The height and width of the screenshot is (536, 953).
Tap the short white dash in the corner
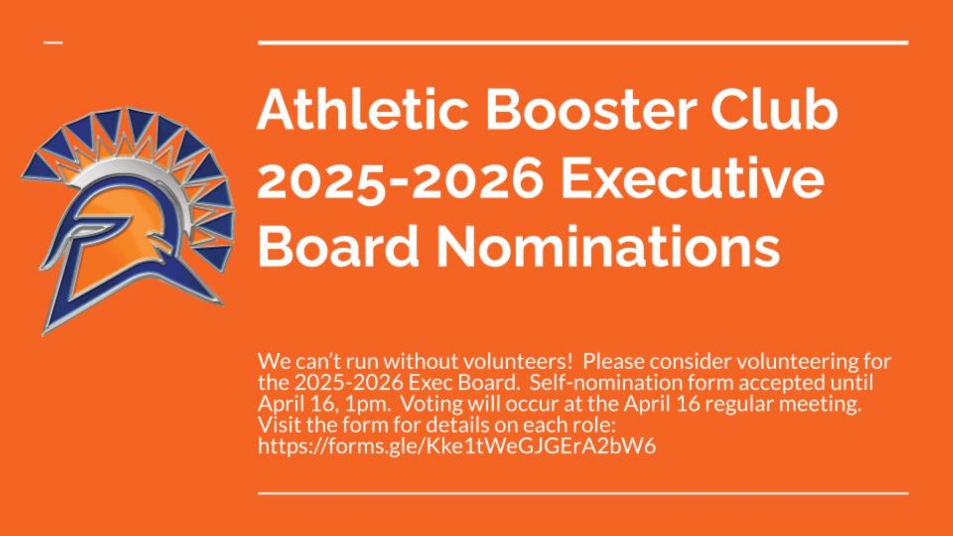coord(54,43)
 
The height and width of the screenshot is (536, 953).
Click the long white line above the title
coord(583,43)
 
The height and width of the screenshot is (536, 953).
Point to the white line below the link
coord(583,493)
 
